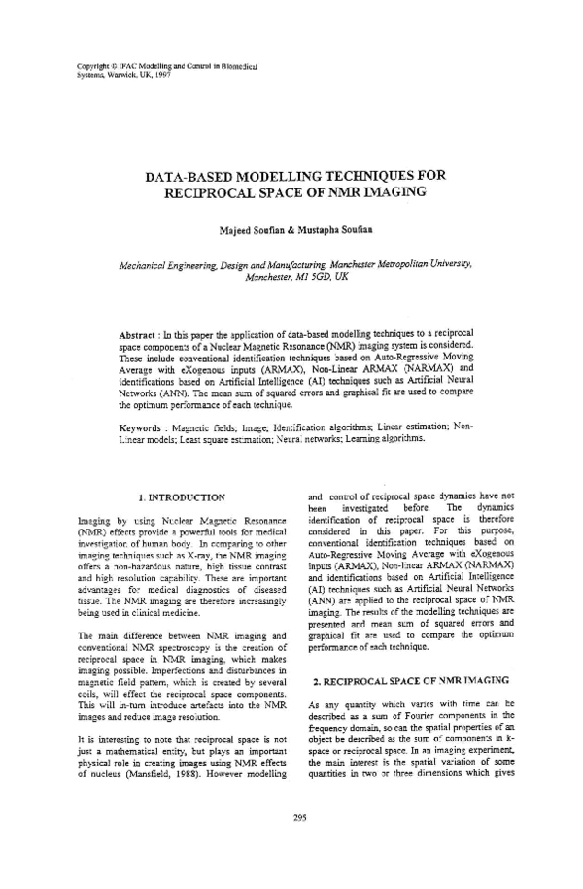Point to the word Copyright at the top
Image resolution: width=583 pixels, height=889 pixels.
click(94, 65)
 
